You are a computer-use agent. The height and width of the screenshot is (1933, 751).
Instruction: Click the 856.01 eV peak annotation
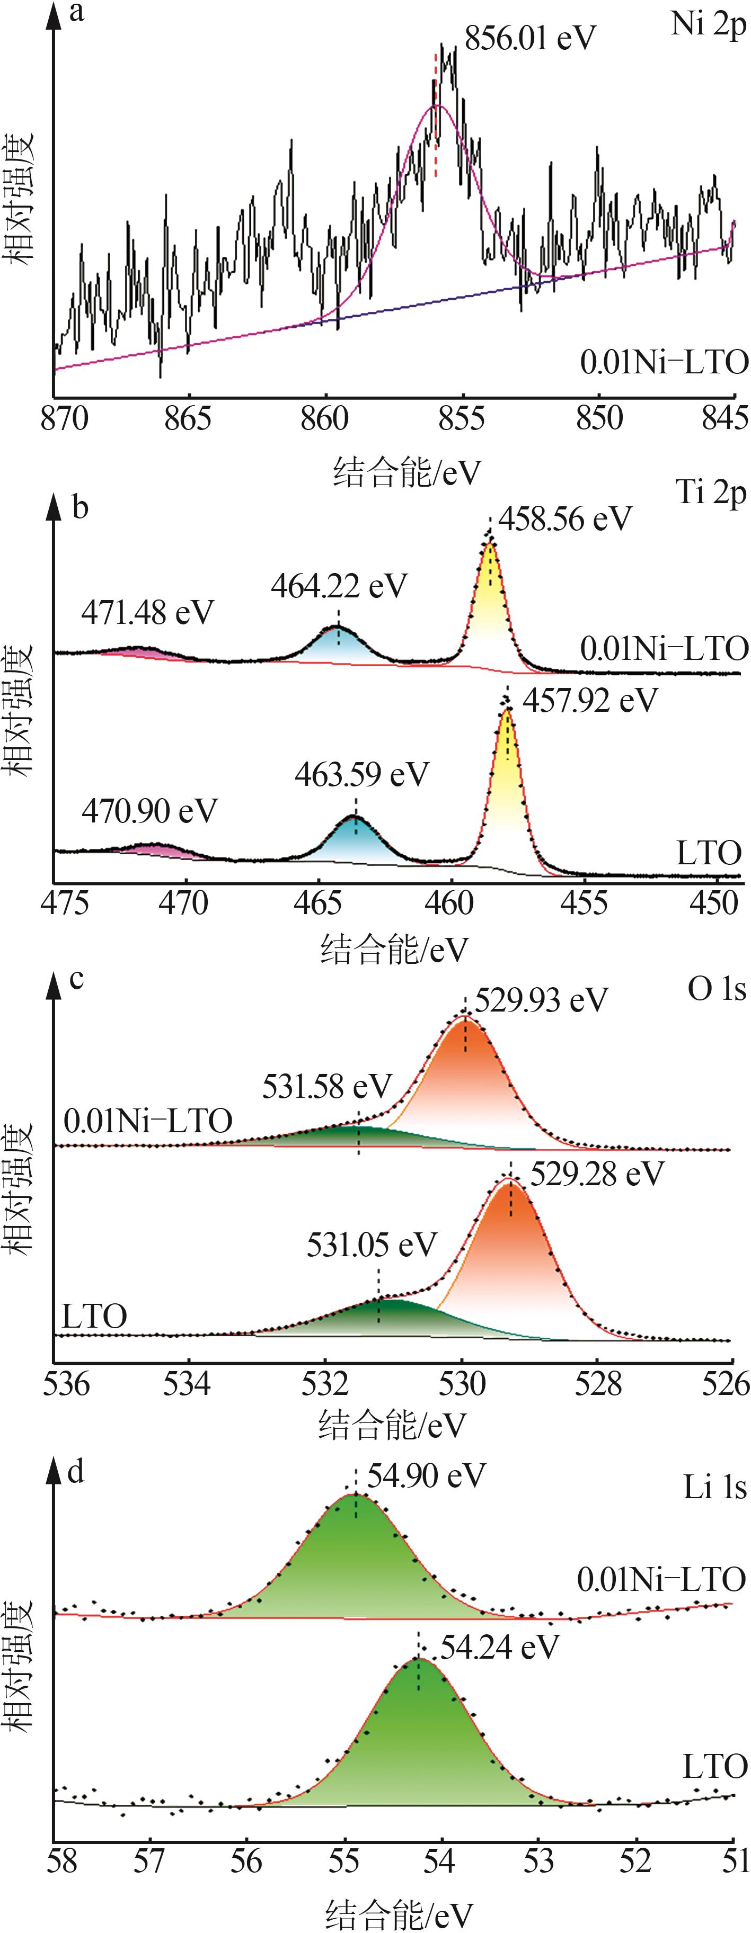point(529,38)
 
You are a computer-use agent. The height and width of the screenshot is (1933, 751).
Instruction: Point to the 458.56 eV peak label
point(565,518)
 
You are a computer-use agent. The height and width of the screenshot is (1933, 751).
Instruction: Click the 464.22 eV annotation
point(339,586)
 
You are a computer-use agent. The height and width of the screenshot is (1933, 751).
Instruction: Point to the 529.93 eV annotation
point(541,1000)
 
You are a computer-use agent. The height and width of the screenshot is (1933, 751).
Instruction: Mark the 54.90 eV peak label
point(426,1476)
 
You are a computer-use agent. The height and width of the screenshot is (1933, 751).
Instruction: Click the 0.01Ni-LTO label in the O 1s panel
point(148,1121)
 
